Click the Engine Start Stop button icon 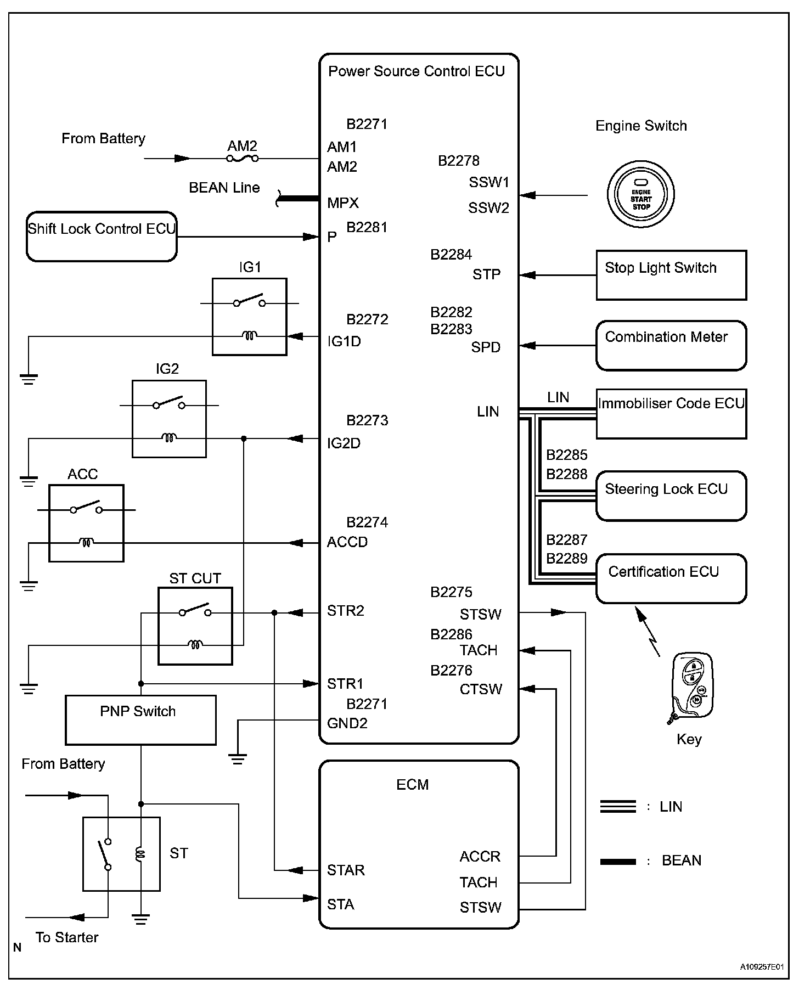(640, 194)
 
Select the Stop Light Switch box (671, 275)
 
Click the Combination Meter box (671, 345)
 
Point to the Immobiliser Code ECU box (671, 414)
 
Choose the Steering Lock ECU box (671, 496)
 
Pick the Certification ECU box (671, 578)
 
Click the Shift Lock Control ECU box (102, 237)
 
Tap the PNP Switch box (140, 719)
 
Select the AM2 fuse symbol (242, 159)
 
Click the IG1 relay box (250, 317)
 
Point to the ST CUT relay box (195, 626)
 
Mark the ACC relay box (86, 523)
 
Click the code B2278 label (458, 161)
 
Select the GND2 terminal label (347, 723)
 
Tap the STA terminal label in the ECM (340, 904)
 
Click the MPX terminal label (342, 203)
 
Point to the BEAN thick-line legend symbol (618, 862)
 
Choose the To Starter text (67, 937)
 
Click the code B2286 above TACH (451, 634)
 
